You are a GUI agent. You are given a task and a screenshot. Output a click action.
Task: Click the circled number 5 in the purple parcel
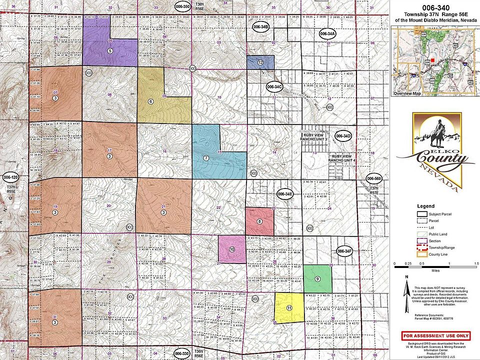[109, 50]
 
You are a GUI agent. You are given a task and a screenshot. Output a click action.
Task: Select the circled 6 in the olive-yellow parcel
[150, 101]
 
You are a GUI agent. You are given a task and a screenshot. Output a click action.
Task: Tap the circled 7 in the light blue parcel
[205, 158]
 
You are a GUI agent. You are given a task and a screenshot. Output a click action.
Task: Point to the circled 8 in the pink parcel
[259, 221]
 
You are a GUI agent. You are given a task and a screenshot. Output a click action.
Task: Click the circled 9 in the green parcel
[317, 278]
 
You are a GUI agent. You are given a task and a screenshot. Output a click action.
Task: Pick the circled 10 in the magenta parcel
[232, 249]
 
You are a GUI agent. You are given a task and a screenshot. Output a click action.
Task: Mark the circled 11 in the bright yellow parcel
[289, 308]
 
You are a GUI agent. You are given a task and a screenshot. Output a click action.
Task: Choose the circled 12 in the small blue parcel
[260, 63]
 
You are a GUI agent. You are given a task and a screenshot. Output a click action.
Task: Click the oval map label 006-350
[183, 6]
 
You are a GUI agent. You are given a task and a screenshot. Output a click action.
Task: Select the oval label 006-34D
[344, 136]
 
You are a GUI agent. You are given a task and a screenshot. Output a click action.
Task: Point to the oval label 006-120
[10, 177]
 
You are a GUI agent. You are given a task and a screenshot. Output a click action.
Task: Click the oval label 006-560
[374, 178]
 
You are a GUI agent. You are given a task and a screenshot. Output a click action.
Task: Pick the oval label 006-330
[183, 353]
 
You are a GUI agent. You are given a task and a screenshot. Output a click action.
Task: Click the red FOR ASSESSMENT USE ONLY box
[435, 335]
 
